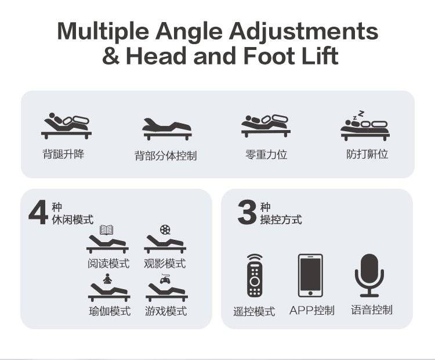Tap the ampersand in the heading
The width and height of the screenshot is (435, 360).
[111, 56]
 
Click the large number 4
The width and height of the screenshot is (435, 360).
[38, 213]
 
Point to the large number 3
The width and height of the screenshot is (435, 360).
[247, 213]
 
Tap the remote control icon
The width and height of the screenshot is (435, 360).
[255, 275]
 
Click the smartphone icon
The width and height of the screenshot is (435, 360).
[310, 275]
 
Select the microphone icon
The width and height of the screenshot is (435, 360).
[369, 275]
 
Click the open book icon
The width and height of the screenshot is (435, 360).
[106, 230]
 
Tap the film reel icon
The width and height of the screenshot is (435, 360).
[165, 230]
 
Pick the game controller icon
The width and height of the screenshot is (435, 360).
[165, 279]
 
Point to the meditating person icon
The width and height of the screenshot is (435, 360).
[108, 279]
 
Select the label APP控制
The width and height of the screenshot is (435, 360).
[312, 310]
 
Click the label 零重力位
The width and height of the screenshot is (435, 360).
[266, 154]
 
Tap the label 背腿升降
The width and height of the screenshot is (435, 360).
[63, 154]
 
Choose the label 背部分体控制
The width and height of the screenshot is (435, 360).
[166, 156]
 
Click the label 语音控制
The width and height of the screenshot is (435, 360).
[372, 309]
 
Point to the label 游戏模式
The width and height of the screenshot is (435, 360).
[166, 311]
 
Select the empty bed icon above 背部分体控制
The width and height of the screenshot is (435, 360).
[167, 129]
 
